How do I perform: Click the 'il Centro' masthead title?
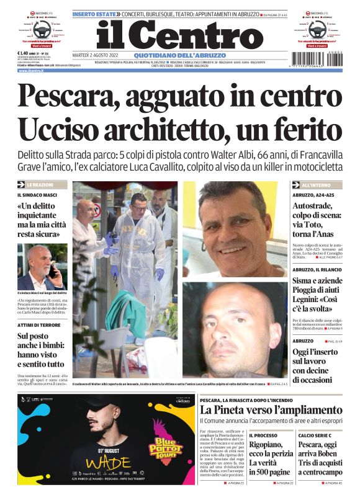[179, 34]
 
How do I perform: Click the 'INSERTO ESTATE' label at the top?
[92, 14]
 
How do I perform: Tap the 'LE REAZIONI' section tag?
[42, 185]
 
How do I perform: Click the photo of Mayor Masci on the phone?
[42, 267]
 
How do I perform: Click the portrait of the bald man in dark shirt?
[233, 329]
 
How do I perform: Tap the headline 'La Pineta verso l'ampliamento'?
[271, 410]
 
